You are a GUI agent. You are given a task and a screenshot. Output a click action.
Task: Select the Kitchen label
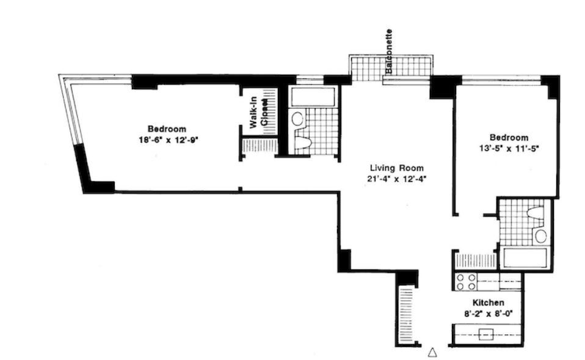pos(488,303)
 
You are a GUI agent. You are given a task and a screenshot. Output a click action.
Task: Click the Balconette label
pos(389,52)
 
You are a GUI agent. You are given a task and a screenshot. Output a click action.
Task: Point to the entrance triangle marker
pos(432,352)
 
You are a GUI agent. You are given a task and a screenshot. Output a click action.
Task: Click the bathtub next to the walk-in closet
pos(312,97)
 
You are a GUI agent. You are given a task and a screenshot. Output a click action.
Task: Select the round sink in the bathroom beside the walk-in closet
pos(297,118)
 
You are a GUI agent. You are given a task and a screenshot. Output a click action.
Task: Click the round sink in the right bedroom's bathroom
pos(540,236)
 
